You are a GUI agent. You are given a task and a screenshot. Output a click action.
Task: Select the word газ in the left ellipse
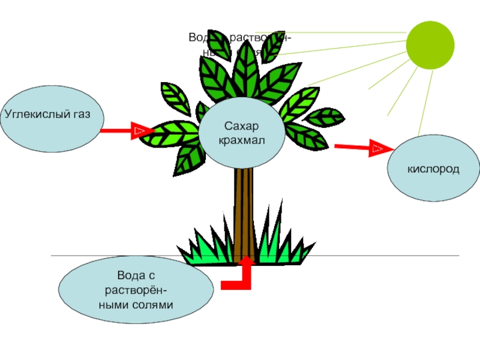point(87,113)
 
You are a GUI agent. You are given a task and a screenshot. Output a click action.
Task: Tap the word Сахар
point(242,127)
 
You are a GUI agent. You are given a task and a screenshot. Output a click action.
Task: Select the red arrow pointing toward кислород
point(360,147)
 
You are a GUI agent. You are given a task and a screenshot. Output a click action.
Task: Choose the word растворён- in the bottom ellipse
point(136,290)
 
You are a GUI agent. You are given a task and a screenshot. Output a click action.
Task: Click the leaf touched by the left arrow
point(174,134)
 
